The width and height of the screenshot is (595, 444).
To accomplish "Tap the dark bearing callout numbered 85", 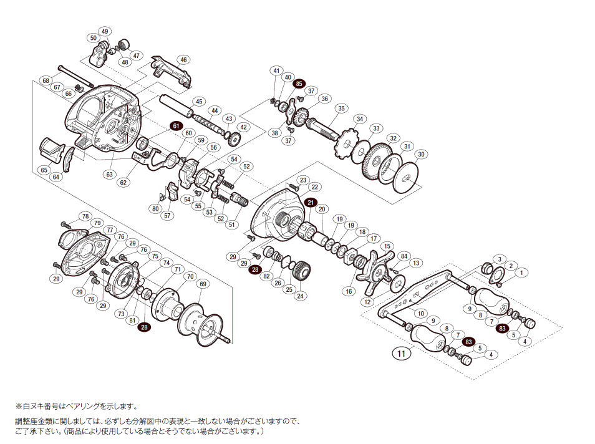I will pyautogui.click(x=299, y=83).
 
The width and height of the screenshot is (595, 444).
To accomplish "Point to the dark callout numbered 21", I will pyautogui.click(x=311, y=202).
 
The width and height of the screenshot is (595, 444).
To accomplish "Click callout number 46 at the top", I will pyautogui.click(x=183, y=60).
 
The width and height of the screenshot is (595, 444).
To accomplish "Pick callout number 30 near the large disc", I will pyautogui.click(x=421, y=154).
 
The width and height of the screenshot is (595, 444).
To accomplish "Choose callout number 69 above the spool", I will pyautogui.click(x=202, y=284).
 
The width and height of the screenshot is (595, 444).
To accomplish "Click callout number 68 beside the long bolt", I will pyautogui.click(x=46, y=80).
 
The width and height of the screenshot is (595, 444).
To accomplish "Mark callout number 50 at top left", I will pyautogui.click(x=94, y=38).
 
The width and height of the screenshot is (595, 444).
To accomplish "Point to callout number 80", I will pyautogui.click(x=155, y=208).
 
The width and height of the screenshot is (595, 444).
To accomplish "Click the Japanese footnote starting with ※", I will pyautogui.click(x=74, y=406).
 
